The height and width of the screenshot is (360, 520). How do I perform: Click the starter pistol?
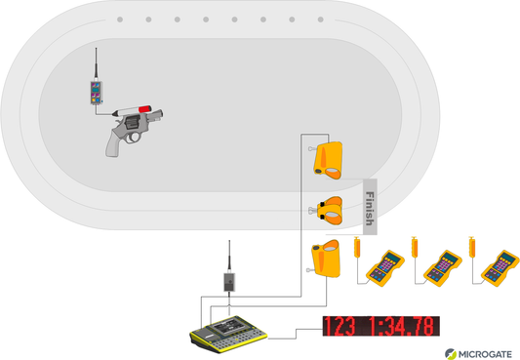click(133, 131)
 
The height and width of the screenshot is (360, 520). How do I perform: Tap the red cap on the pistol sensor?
click(145, 108)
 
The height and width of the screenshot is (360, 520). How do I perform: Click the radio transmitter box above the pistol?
click(96, 93)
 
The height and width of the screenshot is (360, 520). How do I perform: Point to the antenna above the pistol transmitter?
click(97, 63)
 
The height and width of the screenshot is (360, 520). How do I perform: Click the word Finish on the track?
click(370, 208)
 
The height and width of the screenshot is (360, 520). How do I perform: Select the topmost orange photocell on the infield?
click(328, 160)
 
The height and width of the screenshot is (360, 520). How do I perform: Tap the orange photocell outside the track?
click(326, 259)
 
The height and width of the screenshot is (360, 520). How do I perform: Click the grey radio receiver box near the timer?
click(229, 282)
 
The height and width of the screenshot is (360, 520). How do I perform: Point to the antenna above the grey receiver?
click(229, 256)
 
